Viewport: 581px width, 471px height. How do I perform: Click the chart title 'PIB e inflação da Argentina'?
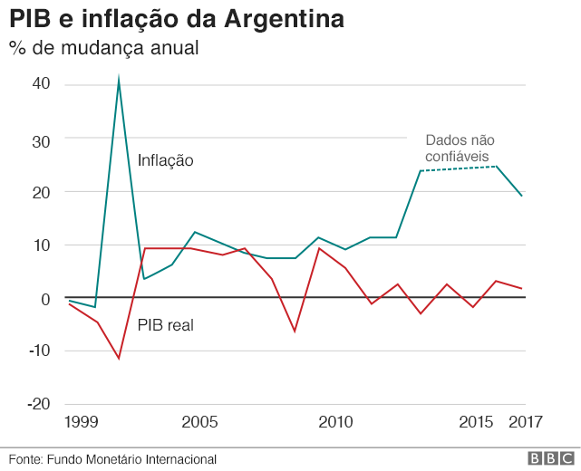click(x=177, y=20)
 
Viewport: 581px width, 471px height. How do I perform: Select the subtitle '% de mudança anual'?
click(x=104, y=48)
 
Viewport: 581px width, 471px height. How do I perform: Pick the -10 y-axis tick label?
click(x=38, y=351)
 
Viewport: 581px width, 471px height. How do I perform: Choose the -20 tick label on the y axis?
click(x=38, y=404)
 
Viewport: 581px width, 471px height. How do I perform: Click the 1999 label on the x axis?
click(x=81, y=422)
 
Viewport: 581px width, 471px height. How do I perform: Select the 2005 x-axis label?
click(x=200, y=422)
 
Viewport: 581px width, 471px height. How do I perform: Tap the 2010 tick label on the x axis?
click(x=335, y=422)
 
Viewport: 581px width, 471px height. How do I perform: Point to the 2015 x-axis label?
click(x=476, y=422)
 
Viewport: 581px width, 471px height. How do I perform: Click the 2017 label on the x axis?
click(x=526, y=422)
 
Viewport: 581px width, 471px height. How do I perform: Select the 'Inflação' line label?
click(x=166, y=161)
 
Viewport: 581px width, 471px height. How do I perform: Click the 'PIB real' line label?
click(x=166, y=324)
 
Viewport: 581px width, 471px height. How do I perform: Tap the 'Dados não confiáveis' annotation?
click(x=460, y=149)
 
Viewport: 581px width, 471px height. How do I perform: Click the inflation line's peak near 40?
click(x=119, y=80)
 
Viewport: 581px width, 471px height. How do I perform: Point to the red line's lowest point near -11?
click(x=119, y=358)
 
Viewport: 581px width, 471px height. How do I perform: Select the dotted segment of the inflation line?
click(x=458, y=168)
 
